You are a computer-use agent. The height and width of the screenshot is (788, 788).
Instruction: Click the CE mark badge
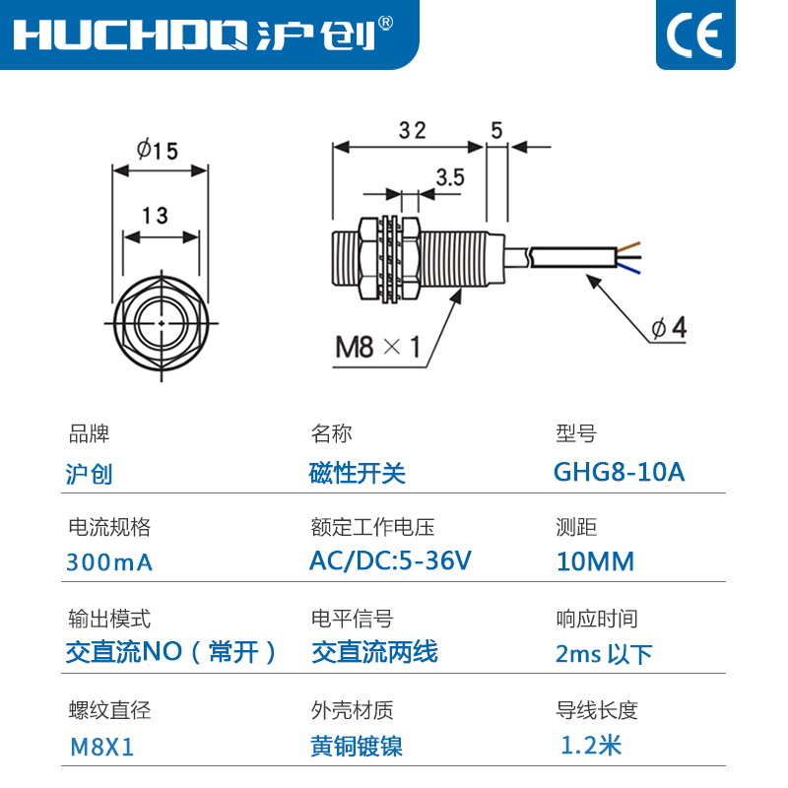694,34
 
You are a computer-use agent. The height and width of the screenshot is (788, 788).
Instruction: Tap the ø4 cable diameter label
668,329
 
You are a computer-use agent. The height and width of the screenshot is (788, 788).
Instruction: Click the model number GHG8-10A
619,472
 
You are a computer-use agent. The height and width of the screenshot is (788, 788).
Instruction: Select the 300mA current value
109,562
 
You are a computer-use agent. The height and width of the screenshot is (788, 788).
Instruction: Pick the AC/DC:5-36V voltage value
390,561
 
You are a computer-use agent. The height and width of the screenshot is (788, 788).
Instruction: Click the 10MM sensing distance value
595,562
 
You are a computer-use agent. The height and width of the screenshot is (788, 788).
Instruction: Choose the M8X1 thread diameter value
101,747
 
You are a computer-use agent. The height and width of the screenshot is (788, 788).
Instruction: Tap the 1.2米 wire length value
591,745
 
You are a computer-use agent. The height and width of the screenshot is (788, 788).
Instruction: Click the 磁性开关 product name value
358,473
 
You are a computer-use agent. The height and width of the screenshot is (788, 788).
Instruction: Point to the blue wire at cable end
632,266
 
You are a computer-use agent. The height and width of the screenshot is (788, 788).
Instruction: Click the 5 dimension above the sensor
496,130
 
